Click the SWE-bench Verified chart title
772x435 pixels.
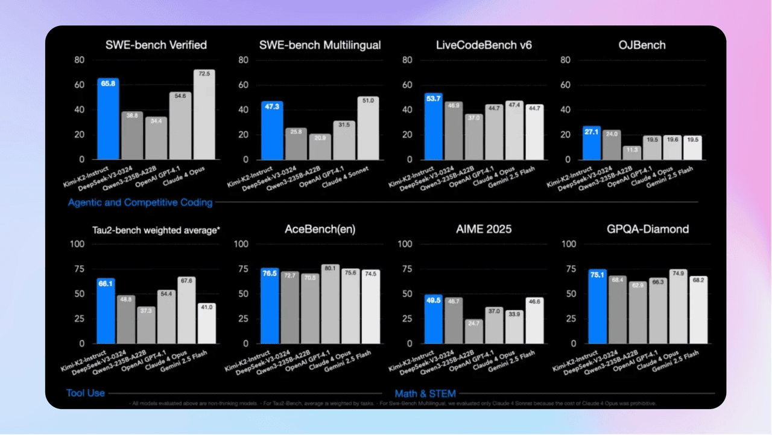point(156,45)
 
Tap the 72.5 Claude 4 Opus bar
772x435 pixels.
point(204,114)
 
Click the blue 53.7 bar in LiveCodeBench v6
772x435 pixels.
point(433,126)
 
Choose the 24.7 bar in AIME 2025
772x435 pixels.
point(473,331)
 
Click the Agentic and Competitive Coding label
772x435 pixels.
point(140,202)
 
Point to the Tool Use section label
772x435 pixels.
point(85,393)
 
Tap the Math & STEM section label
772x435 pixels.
point(425,393)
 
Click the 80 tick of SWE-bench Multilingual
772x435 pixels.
point(244,60)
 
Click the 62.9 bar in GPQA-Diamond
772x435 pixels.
point(638,312)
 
